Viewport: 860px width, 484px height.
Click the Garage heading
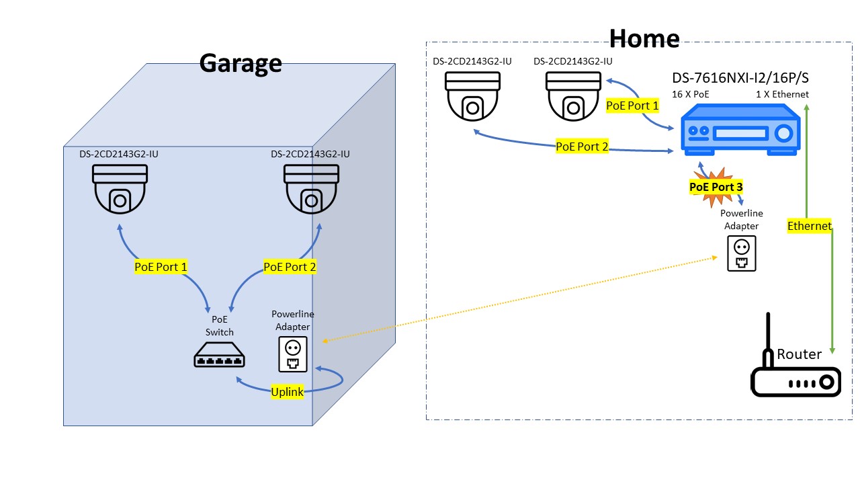pos(241,63)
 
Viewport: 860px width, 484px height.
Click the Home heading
pos(644,38)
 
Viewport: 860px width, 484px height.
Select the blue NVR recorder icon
pos(740,133)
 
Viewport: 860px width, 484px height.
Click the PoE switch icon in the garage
pos(220,356)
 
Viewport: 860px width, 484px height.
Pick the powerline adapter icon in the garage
pos(293,354)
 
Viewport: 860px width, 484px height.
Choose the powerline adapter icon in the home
pos(742,253)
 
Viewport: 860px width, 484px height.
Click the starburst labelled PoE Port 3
pos(716,187)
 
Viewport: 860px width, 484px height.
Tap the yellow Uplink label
pos(288,392)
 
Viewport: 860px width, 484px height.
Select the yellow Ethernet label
pos(810,226)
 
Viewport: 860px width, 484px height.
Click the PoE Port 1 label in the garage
pos(161,267)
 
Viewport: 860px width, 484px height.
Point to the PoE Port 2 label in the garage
pos(290,267)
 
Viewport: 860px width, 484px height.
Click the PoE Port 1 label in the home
pos(632,106)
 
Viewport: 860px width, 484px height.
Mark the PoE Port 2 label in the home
pos(582,147)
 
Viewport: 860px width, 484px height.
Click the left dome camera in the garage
pos(120,188)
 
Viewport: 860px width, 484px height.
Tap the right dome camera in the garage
pos(311,188)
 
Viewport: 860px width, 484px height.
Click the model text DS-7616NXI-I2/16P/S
pos(740,77)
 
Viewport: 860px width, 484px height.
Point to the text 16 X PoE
pos(691,94)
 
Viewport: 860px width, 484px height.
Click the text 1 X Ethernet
pos(782,94)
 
